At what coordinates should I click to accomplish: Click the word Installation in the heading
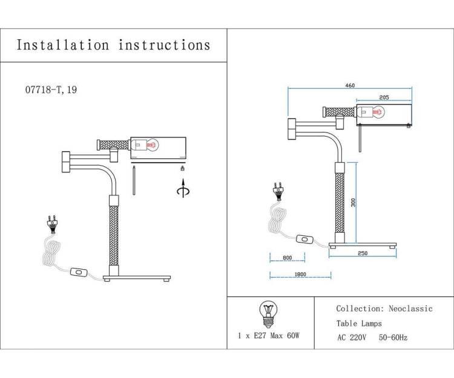63,45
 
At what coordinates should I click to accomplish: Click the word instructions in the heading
164,45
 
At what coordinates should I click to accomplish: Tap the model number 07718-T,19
51,90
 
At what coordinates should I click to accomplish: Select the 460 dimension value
350,85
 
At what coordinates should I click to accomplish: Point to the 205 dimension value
384,97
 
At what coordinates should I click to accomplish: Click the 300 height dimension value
353,203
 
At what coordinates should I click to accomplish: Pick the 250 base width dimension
363,253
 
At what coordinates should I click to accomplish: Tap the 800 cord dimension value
287,258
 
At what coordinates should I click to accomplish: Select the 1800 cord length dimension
300,274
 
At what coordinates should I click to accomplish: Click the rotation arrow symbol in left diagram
183,189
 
